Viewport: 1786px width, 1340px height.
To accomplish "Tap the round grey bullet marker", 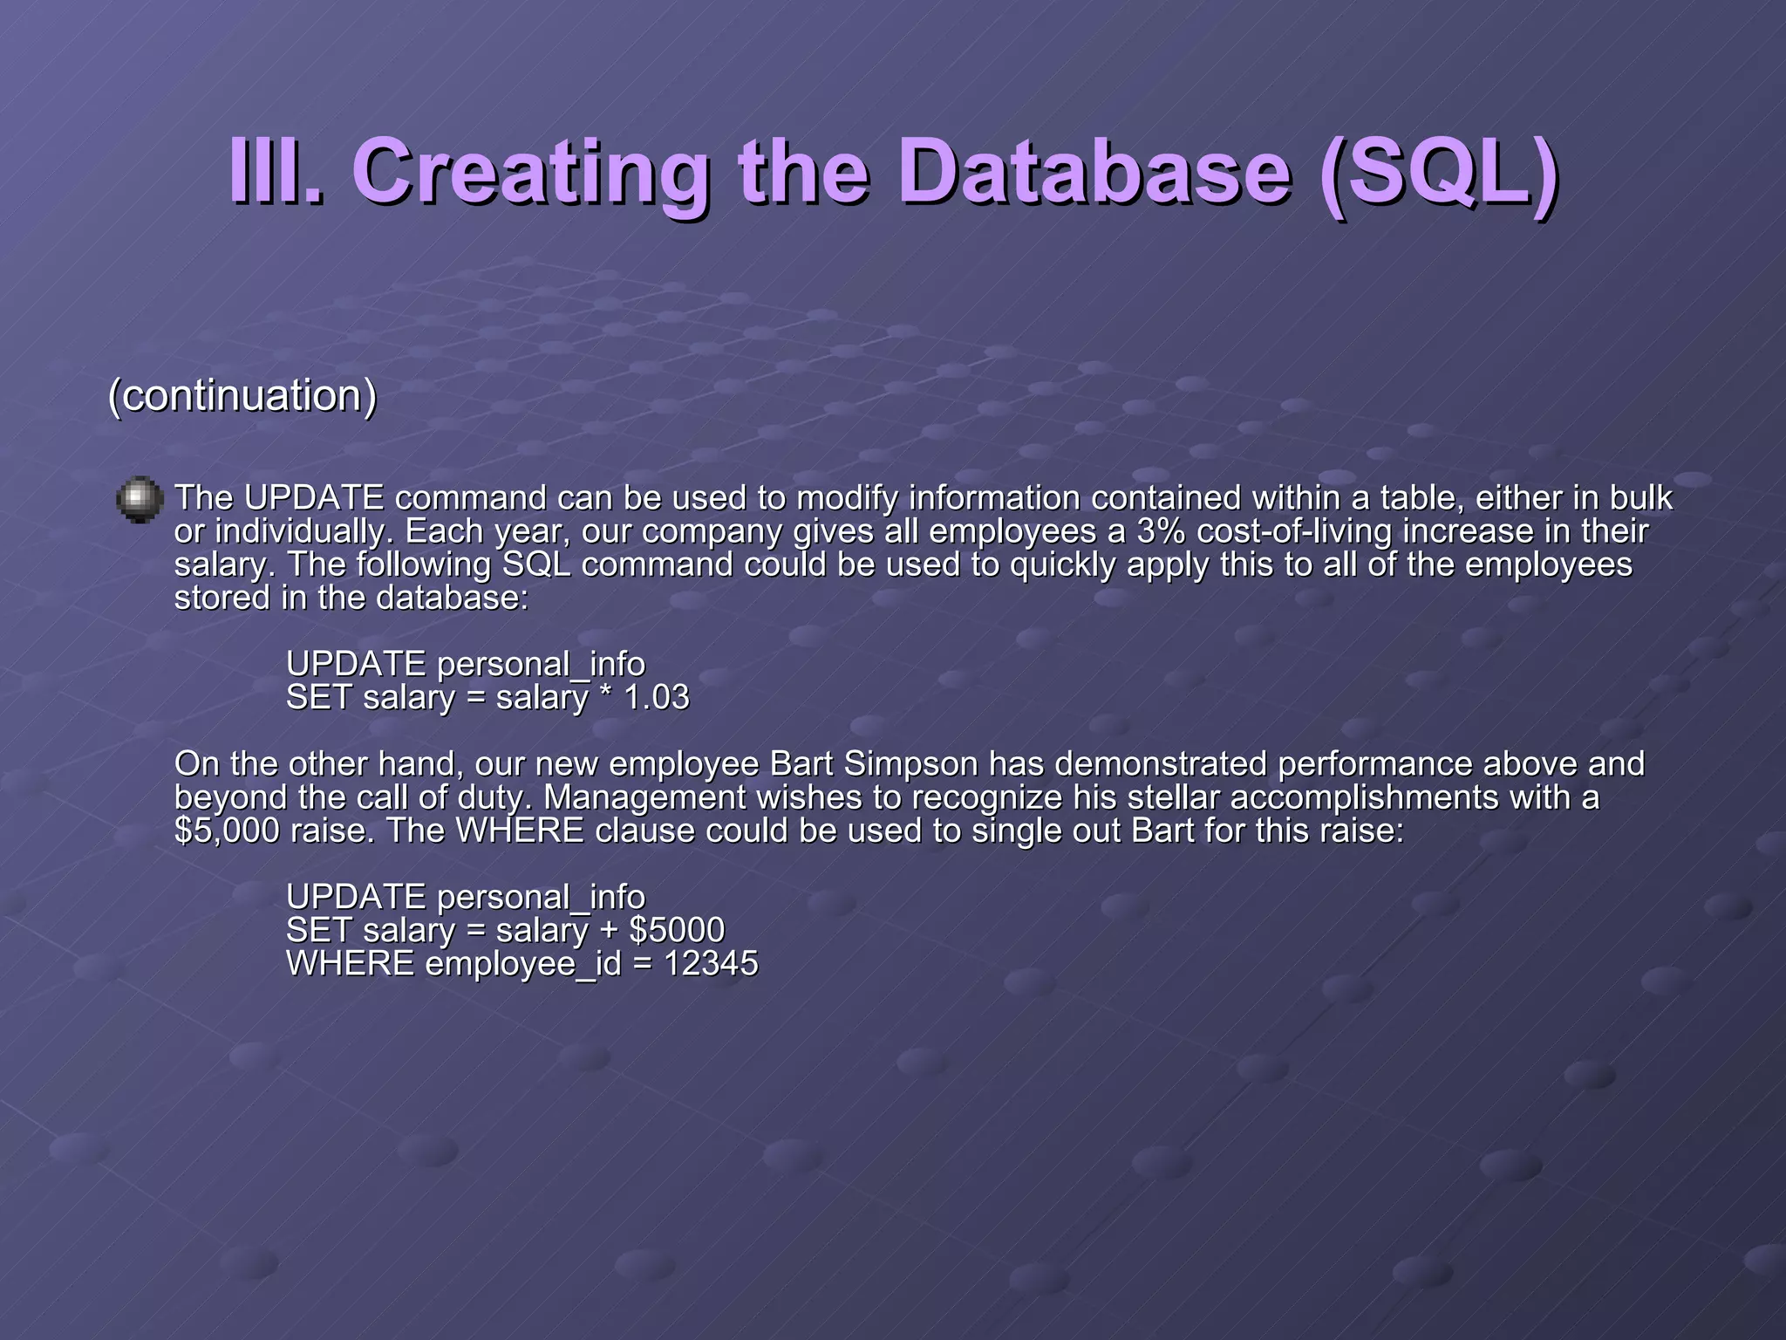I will [x=140, y=500].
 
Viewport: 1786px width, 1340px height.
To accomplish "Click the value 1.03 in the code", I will [x=657, y=698].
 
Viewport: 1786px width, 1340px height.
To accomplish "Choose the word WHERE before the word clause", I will [x=520, y=831].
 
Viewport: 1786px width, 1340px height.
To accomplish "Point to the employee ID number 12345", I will [x=711, y=964].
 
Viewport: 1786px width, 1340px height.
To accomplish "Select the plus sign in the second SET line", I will [x=608, y=931].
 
